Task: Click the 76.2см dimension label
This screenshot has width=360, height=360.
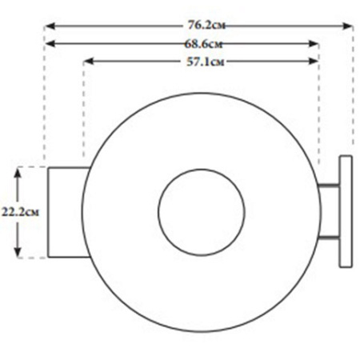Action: coord(206,26)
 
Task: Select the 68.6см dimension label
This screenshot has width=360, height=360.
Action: coord(203,44)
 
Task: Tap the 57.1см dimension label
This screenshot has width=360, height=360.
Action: coord(205,62)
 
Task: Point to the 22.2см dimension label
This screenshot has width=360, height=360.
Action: coord(20,212)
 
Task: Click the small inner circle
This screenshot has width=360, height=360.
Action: coord(202,212)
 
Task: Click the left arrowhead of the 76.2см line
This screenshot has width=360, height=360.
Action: coord(50,26)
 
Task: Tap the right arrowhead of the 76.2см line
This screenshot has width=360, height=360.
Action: coord(348,26)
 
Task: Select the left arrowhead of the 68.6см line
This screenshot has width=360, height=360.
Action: coord(50,44)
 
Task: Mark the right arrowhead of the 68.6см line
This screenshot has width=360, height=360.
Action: coord(314,44)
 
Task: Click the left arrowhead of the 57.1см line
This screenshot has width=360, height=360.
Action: coord(89,62)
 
